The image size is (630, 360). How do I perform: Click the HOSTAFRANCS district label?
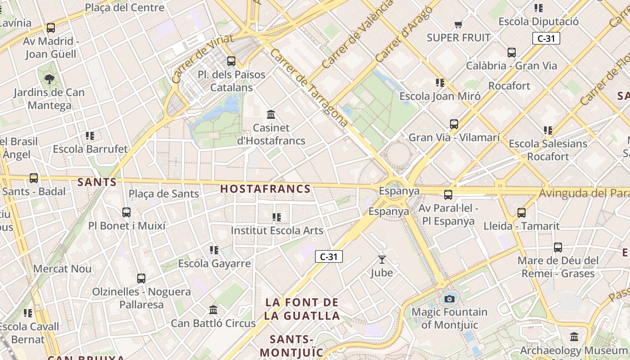pos(265,189)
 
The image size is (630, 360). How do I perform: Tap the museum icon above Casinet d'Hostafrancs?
pos(271,115)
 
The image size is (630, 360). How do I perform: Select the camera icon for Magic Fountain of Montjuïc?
pos(449,298)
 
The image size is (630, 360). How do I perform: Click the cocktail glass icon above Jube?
pos(382,259)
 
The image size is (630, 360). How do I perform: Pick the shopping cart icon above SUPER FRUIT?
pos(458,24)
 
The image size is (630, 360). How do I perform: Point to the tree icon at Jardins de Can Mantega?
pos(49,80)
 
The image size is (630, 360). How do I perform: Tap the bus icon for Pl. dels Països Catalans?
pos(231,61)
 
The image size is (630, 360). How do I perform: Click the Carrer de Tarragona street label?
pos(309,87)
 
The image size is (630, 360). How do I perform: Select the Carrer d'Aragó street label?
pos(400,34)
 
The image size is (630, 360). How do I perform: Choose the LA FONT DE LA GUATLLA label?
pos(301,309)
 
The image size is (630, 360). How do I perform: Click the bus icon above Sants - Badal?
pos(34,178)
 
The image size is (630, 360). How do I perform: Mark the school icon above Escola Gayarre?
pos(214,250)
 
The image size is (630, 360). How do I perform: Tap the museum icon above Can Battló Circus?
pos(213,310)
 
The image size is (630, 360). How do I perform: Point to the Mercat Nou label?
pos(62,269)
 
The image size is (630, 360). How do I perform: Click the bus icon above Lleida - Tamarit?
pos(522,212)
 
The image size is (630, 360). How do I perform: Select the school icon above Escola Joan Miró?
pos(440,82)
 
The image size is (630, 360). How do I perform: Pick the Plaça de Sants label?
pos(164,194)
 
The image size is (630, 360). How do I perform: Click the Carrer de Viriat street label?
pos(202,58)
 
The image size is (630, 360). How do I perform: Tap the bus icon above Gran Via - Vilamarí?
pos(454,124)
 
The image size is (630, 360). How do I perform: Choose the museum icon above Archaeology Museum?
pos(574,337)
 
